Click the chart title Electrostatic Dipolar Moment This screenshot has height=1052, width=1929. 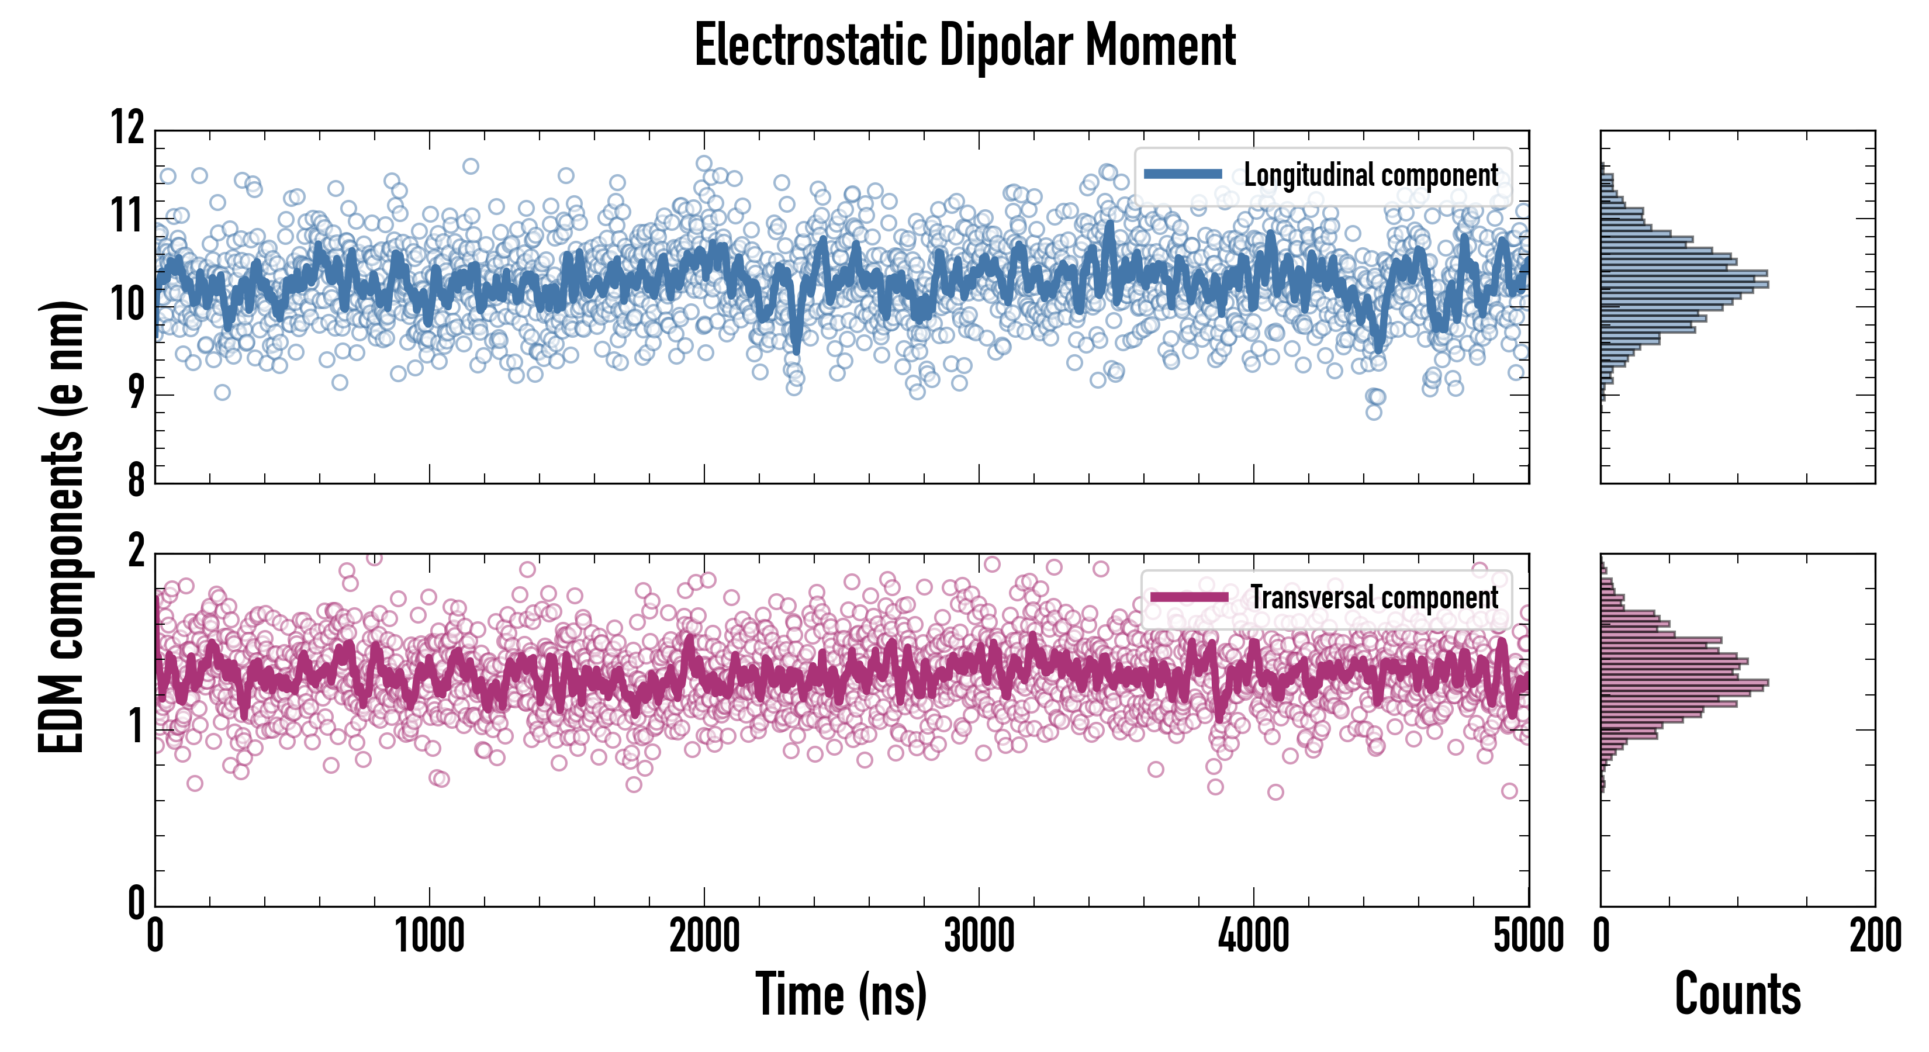tap(965, 46)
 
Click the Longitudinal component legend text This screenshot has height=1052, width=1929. tap(1370, 175)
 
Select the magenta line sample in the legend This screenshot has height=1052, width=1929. tap(1189, 597)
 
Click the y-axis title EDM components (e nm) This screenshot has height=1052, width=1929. tap(61, 527)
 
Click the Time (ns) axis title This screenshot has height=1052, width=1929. tap(841, 995)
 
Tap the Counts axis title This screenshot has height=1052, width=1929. tap(1737, 995)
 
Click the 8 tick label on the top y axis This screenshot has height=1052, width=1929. tap(136, 480)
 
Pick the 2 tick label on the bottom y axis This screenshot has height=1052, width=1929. tap(136, 552)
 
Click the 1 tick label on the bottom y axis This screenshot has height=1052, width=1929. tap(136, 726)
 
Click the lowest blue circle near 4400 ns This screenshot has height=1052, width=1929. tap(1373, 412)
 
